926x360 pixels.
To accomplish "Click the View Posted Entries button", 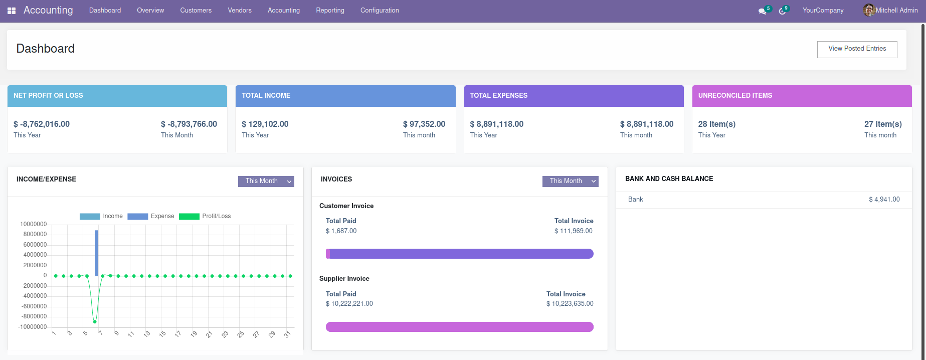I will (x=857, y=49).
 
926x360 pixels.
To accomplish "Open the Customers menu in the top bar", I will (x=196, y=11).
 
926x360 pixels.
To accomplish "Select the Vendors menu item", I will (x=240, y=11).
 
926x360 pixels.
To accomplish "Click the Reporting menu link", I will (x=330, y=11).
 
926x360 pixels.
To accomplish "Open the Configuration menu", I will (x=380, y=11).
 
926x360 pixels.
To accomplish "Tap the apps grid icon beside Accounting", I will (x=12, y=11).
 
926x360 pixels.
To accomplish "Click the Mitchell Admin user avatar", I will (x=868, y=10).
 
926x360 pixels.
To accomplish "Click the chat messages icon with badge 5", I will (x=763, y=11).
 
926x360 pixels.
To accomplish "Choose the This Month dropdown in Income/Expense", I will (x=266, y=181).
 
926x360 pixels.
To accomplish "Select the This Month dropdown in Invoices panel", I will (x=570, y=181).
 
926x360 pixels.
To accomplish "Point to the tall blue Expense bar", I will (x=96, y=253).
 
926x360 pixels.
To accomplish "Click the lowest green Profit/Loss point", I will (x=95, y=321).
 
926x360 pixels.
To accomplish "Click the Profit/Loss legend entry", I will (x=205, y=216).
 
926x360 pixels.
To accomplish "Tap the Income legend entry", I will (x=101, y=216).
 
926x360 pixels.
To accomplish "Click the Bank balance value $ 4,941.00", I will (x=884, y=200).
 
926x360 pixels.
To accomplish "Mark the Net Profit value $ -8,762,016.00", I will (x=42, y=124).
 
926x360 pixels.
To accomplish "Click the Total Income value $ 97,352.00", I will (x=424, y=124).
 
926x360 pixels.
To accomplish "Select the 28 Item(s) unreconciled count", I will (x=716, y=124).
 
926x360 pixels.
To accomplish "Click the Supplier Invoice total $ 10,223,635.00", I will (x=570, y=304).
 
